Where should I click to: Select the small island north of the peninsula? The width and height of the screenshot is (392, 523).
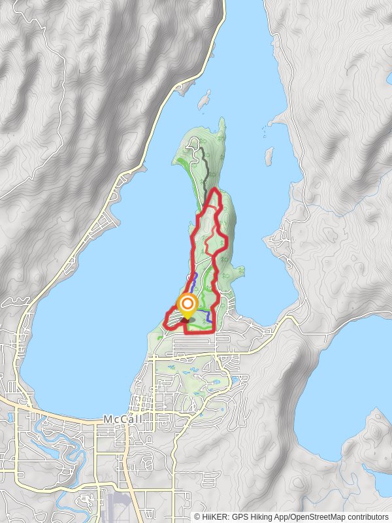point(204,101)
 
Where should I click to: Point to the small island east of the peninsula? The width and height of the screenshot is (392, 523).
point(269,156)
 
